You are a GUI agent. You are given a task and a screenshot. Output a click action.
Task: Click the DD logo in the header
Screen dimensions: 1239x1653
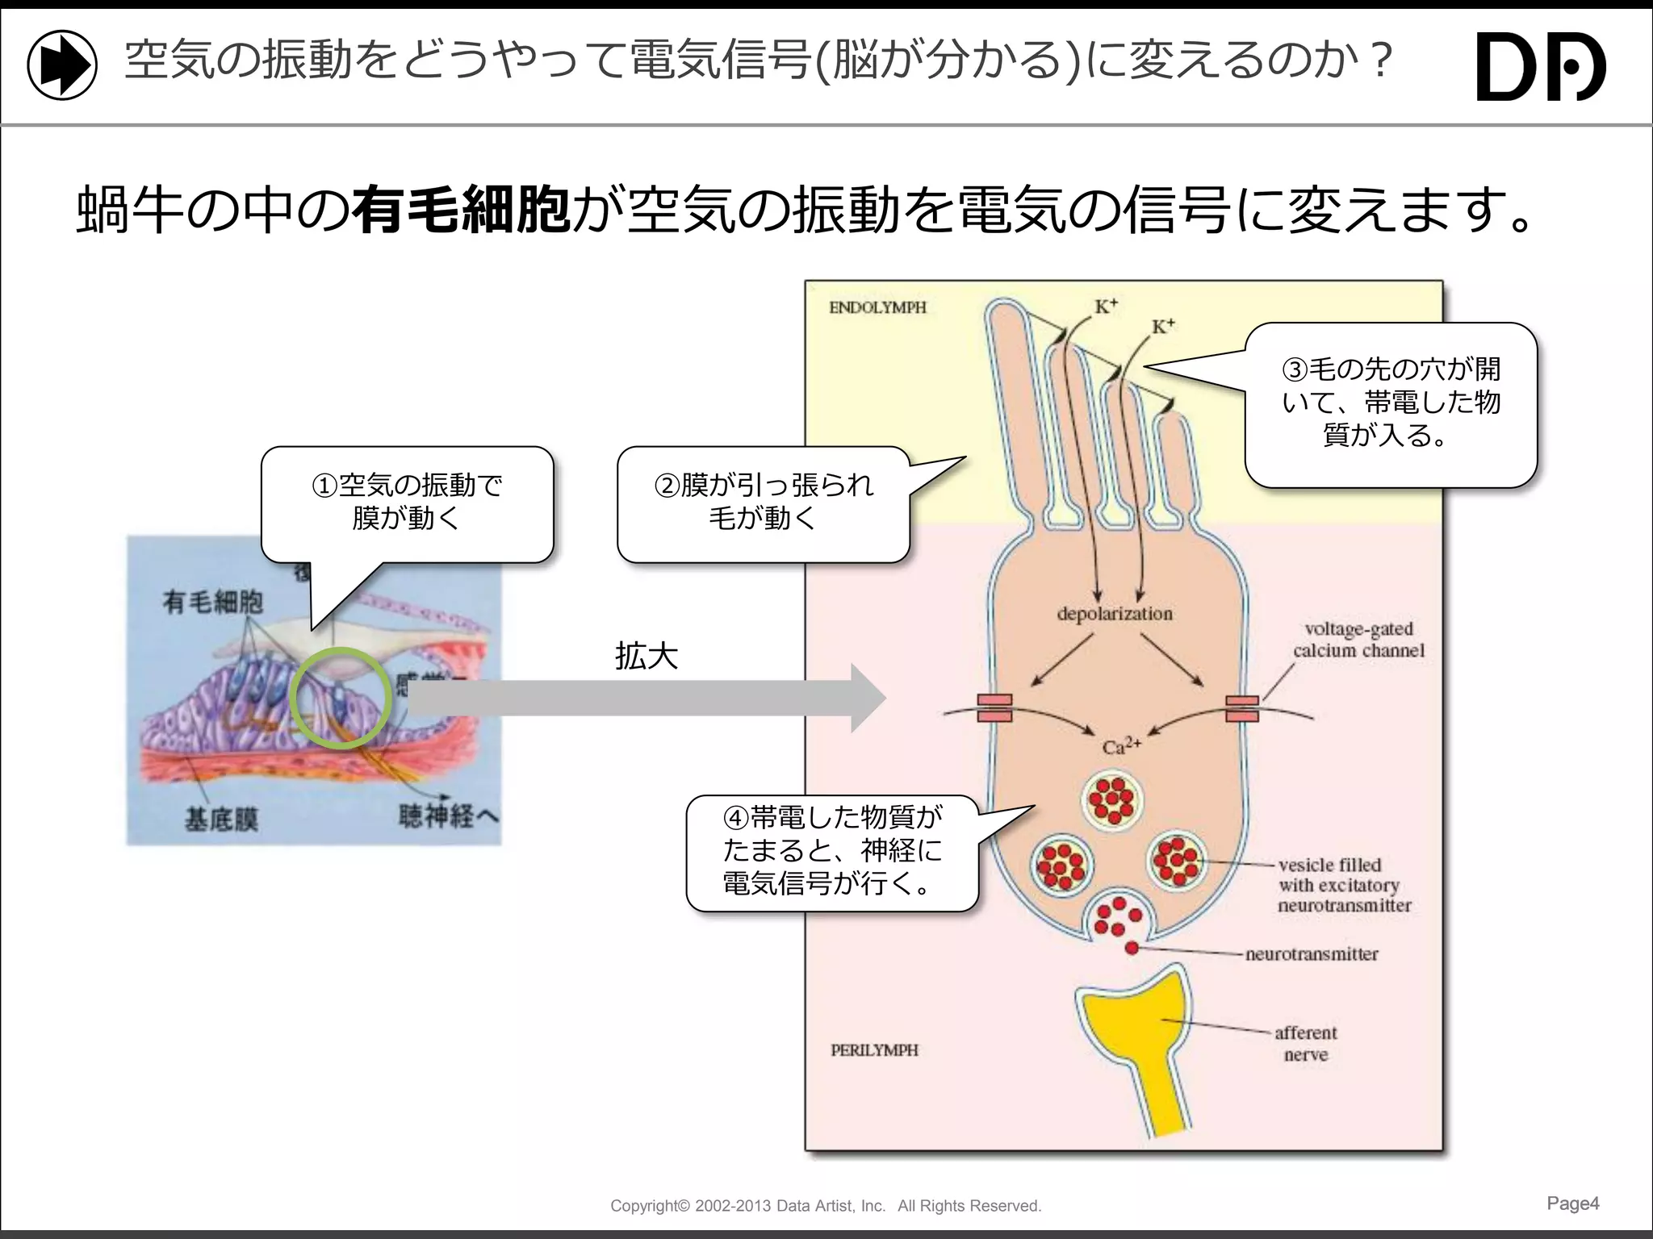1540,66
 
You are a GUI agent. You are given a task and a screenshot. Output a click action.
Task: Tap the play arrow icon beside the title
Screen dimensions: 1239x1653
62,65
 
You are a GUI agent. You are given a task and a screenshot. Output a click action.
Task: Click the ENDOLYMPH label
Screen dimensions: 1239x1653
877,307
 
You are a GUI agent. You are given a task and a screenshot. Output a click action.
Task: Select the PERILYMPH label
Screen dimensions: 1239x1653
874,1050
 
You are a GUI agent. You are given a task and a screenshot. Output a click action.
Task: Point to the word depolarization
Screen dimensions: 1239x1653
1115,614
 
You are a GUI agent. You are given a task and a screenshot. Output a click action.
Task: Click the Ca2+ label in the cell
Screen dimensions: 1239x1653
1121,746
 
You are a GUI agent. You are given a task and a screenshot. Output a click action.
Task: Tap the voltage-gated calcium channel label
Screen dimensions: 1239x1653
1358,640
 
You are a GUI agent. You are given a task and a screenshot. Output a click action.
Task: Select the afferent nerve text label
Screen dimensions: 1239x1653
1305,1043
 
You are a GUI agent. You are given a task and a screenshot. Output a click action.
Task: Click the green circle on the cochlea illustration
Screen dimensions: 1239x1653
341,698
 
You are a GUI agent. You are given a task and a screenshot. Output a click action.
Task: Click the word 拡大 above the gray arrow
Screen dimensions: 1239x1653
646,657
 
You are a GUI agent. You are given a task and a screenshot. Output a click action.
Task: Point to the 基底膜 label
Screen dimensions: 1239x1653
222,820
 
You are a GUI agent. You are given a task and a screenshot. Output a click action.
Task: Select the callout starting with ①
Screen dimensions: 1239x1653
407,503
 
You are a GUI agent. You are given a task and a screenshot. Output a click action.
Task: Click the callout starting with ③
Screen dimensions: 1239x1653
1391,403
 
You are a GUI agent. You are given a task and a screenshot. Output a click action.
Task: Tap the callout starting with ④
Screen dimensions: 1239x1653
832,852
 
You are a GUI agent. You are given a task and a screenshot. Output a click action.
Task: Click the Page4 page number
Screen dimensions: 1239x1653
1572,1204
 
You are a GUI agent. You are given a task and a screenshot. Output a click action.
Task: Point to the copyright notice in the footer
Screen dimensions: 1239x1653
826,1206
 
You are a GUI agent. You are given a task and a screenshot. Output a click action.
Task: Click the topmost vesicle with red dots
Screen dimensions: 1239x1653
1112,799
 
